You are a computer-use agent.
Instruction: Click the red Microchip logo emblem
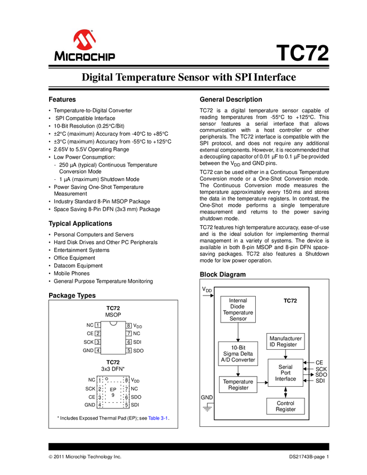[x=85, y=39]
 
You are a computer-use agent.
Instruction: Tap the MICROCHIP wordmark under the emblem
[x=85, y=56]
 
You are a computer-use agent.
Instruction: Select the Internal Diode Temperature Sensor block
[x=238, y=310]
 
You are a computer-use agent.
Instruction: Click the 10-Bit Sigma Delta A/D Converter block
[x=238, y=354]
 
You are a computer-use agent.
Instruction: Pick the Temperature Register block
[x=238, y=384]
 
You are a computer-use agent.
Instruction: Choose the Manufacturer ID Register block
[x=285, y=341]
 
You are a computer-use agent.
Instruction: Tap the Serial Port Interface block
[x=285, y=373]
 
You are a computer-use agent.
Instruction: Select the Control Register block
[x=285, y=406]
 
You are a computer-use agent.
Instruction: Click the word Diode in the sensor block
[x=238, y=307]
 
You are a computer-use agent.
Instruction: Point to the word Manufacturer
[x=285, y=339]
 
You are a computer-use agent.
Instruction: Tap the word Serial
[x=285, y=367]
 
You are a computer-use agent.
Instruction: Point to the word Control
[x=285, y=403]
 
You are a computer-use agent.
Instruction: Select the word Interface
[x=285, y=379]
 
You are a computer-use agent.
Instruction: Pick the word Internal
[x=238, y=301]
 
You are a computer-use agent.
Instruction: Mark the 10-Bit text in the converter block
[x=238, y=348]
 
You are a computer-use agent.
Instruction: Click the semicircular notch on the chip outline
[x=113, y=323]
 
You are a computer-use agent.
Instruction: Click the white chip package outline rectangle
[x=113, y=339]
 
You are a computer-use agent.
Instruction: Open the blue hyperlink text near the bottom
[x=158, y=417]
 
